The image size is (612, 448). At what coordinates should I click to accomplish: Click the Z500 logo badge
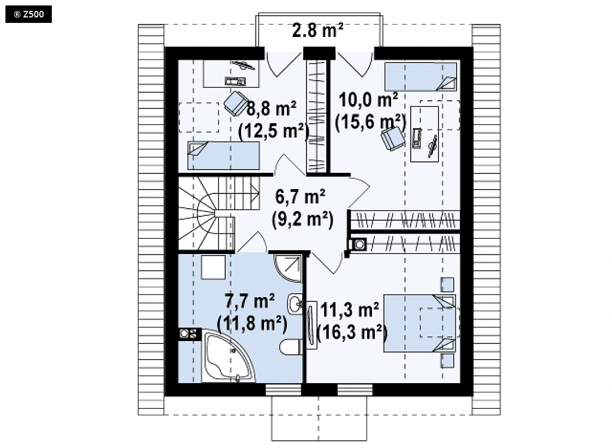coord(28,15)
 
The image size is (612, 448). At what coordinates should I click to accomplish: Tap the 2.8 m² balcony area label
coord(317,31)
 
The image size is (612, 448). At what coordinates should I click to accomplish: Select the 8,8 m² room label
coord(271,109)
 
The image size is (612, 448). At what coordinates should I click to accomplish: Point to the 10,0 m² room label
coord(368,100)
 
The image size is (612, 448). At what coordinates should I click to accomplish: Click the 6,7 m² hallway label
coord(300,197)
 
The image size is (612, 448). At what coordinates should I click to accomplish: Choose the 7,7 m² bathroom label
coord(249,301)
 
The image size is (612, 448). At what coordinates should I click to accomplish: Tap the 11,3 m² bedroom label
coord(349,310)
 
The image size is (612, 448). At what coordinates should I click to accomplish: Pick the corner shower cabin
coord(289,268)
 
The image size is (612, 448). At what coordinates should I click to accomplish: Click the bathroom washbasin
coord(295,303)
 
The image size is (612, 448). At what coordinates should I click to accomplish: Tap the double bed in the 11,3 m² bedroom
coord(419,323)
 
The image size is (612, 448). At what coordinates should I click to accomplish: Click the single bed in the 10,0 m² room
coord(421,77)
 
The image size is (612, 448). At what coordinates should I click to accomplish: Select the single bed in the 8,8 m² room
coord(224,155)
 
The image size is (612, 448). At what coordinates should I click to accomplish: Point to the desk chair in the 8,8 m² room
coord(235,104)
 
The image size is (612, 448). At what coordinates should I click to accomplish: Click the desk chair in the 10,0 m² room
coord(392,138)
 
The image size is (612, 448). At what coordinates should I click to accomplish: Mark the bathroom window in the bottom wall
coord(283,390)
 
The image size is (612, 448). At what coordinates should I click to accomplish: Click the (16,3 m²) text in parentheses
coord(352,332)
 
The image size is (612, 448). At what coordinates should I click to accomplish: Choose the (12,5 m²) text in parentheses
coord(274,131)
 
